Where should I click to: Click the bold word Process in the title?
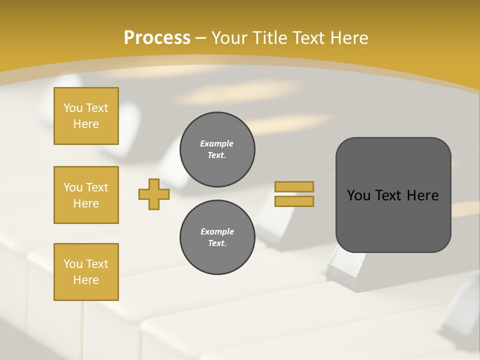(x=157, y=38)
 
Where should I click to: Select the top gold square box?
(x=86, y=116)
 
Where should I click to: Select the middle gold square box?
(x=86, y=195)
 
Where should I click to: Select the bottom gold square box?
(x=86, y=272)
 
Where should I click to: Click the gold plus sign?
(x=154, y=194)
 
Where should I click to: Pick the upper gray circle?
(x=217, y=149)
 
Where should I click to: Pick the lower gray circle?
(x=217, y=237)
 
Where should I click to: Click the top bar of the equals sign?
(x=294, y=187)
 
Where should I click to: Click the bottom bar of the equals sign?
(x=294, y=201)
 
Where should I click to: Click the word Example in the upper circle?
(x=217, y=143)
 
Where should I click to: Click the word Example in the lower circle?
(x=217, y=231)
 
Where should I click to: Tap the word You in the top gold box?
(x=73, y=108)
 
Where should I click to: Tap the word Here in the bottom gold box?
(x=86, y=280)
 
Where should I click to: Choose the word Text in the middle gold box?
(x=97, y=187)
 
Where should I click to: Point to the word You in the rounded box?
(x=358, y=195)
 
